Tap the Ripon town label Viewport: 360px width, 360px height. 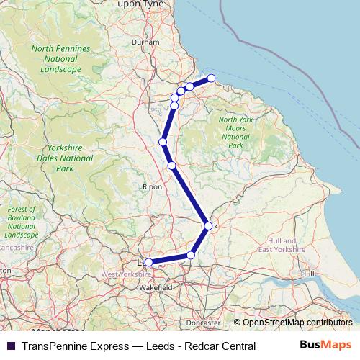click(x=153, y=186)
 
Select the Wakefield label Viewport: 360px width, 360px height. click(x=155, y=287)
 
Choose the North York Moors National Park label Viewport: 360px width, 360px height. click(x=235, y=132)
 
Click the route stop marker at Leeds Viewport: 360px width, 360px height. click(x=149, y=263)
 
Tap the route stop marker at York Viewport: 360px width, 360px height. click(x=209, y=226)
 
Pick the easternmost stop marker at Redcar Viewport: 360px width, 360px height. click(x=211, y=78)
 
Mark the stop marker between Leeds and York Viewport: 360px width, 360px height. click(x=191, y=255)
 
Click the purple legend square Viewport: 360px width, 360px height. click(x=10, y=346)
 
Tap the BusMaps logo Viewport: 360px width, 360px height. click(x=325, y=346)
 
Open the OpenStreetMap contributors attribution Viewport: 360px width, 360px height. click(x=297, y=323)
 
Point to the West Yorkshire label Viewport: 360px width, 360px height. click(x=126, y=274)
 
